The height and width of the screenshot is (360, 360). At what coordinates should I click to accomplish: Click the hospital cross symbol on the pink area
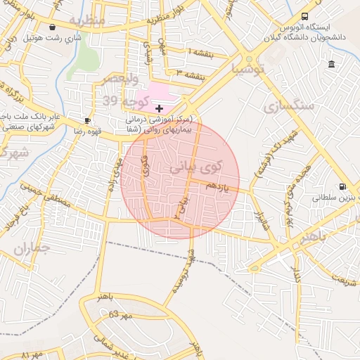coord(160,108)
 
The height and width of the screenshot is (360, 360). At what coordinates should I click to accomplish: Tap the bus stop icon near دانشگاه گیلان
coord(304,15)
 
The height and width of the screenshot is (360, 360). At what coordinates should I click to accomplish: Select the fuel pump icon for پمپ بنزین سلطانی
coord(342,187)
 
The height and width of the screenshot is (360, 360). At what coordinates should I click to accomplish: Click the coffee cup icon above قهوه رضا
coord(87,120)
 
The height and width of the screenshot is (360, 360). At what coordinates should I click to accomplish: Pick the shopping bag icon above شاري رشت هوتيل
coord(32,27)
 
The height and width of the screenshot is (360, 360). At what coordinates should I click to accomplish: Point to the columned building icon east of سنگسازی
coord(331,65)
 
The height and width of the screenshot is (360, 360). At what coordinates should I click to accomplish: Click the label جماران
coord(32,249)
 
